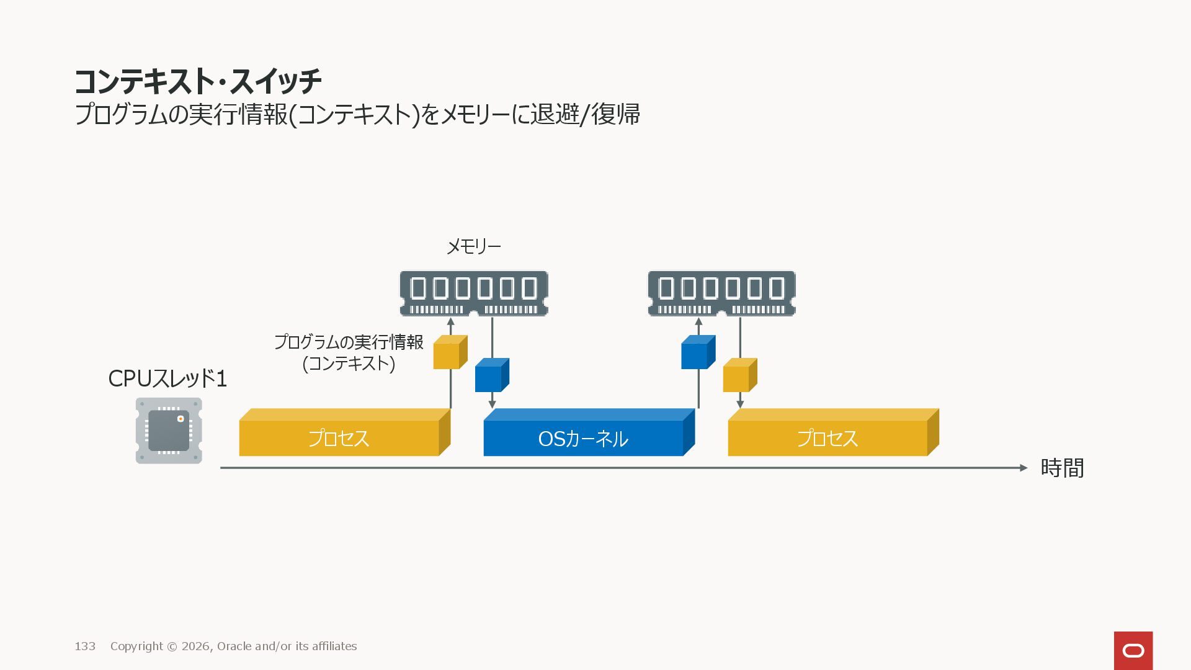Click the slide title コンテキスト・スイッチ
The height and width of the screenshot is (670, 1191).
point(198,81)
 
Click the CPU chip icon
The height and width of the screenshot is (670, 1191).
point(169,431)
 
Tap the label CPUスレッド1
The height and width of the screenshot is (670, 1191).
point(167,378)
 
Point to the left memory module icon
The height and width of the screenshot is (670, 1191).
point(474,293)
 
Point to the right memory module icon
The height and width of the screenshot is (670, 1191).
point(721,293)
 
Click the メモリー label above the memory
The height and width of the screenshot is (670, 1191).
point(474,247)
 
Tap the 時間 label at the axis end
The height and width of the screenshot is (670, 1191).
point(1062,468)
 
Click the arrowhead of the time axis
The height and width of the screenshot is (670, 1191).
point(1024,468)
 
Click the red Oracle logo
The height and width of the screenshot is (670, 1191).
point(1133,651)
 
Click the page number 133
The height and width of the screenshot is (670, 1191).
point(85,646)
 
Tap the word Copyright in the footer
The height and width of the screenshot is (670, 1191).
point(136,646)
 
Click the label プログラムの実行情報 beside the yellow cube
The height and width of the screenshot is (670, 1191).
point(349,342)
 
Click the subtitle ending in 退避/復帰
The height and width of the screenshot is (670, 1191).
point(357,115)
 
